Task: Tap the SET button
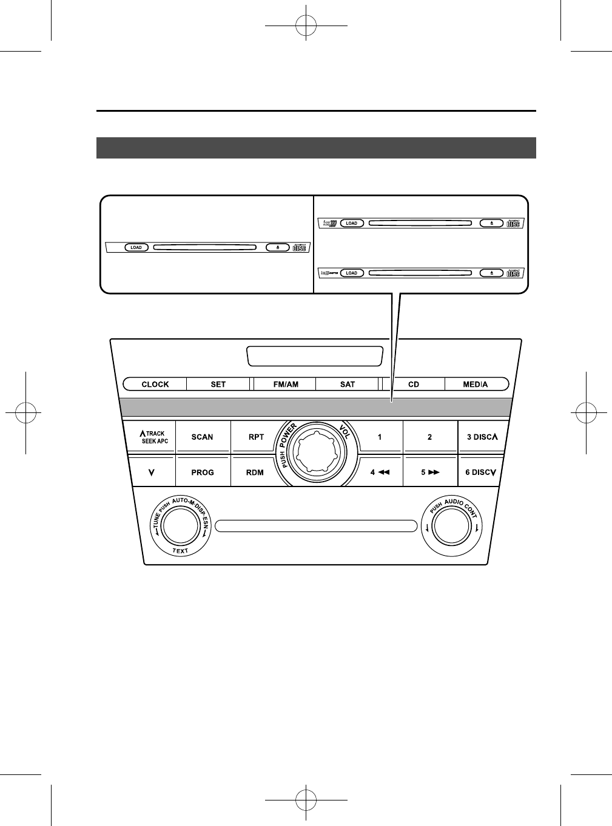click(218, 384)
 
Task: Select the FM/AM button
click(286, 384)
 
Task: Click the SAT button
click(348, 384)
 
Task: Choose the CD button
click(414, 384)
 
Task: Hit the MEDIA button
click(476, 384)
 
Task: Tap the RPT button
click(256, 437)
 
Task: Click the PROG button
click(203, 473)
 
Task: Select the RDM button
click(255, 473)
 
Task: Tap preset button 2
click(429, 437)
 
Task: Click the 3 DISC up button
click(482, 437)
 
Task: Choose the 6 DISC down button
click(481, 473)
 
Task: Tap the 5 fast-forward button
click(429, 473)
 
